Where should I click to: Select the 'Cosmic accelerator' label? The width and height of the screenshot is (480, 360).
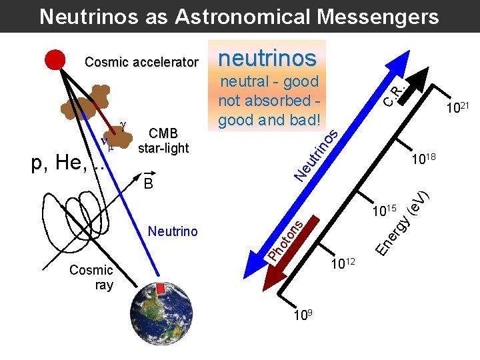tap(141, 63)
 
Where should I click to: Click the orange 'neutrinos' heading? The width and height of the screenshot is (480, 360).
tap(267, 58)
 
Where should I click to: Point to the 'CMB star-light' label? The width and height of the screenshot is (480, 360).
tap(163, 141)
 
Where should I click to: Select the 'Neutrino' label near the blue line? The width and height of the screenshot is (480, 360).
tap(173, 231)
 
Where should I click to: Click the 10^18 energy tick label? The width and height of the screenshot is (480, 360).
tap(424, 159)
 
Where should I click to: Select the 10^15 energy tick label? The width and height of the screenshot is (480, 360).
tap(385, 213)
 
